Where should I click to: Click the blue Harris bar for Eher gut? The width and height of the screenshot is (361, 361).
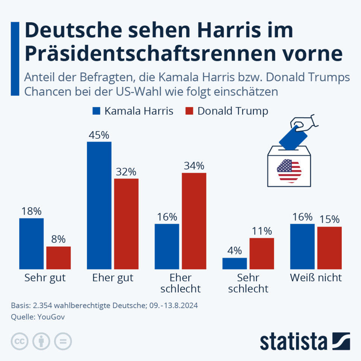pos(99,205)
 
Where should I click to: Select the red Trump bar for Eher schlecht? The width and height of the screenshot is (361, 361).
pos(194,221)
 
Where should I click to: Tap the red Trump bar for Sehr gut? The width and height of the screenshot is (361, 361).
pos(58,258)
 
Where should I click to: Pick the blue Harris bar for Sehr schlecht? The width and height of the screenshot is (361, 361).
pos(235,263)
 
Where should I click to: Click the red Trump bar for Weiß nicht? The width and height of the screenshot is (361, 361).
pos(329,248)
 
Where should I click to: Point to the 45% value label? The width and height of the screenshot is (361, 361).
pos(99,135)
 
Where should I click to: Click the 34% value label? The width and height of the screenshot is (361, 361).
pos(194,166)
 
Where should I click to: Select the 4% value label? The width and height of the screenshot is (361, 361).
pos(235,251)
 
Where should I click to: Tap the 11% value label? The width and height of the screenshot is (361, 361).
pos(262,231)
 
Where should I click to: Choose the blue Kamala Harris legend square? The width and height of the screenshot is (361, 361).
pos(96,111)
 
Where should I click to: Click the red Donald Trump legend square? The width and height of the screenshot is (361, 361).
pos(189,111)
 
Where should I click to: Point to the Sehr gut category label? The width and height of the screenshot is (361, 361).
pos(45,278)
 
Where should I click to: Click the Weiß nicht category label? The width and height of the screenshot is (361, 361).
pos(316,278)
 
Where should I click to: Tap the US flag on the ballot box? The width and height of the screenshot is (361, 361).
pos(289,170)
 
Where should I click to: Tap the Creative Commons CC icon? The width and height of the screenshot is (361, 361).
pos(20,341)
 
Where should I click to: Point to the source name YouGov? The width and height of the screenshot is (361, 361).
pos(52,317)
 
